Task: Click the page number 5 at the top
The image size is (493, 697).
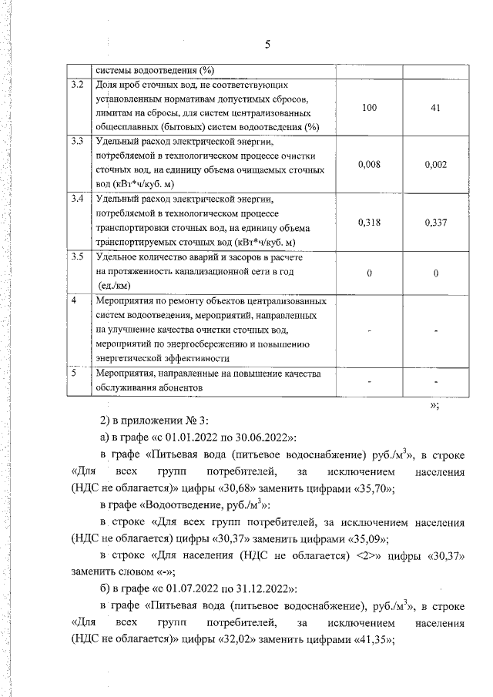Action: click(x=267, y=44)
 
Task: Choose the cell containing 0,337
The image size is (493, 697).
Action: click(x=435, y=223)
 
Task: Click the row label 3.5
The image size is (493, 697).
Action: click(x=76, y=256)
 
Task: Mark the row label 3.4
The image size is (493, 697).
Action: click(x=76, y=199)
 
